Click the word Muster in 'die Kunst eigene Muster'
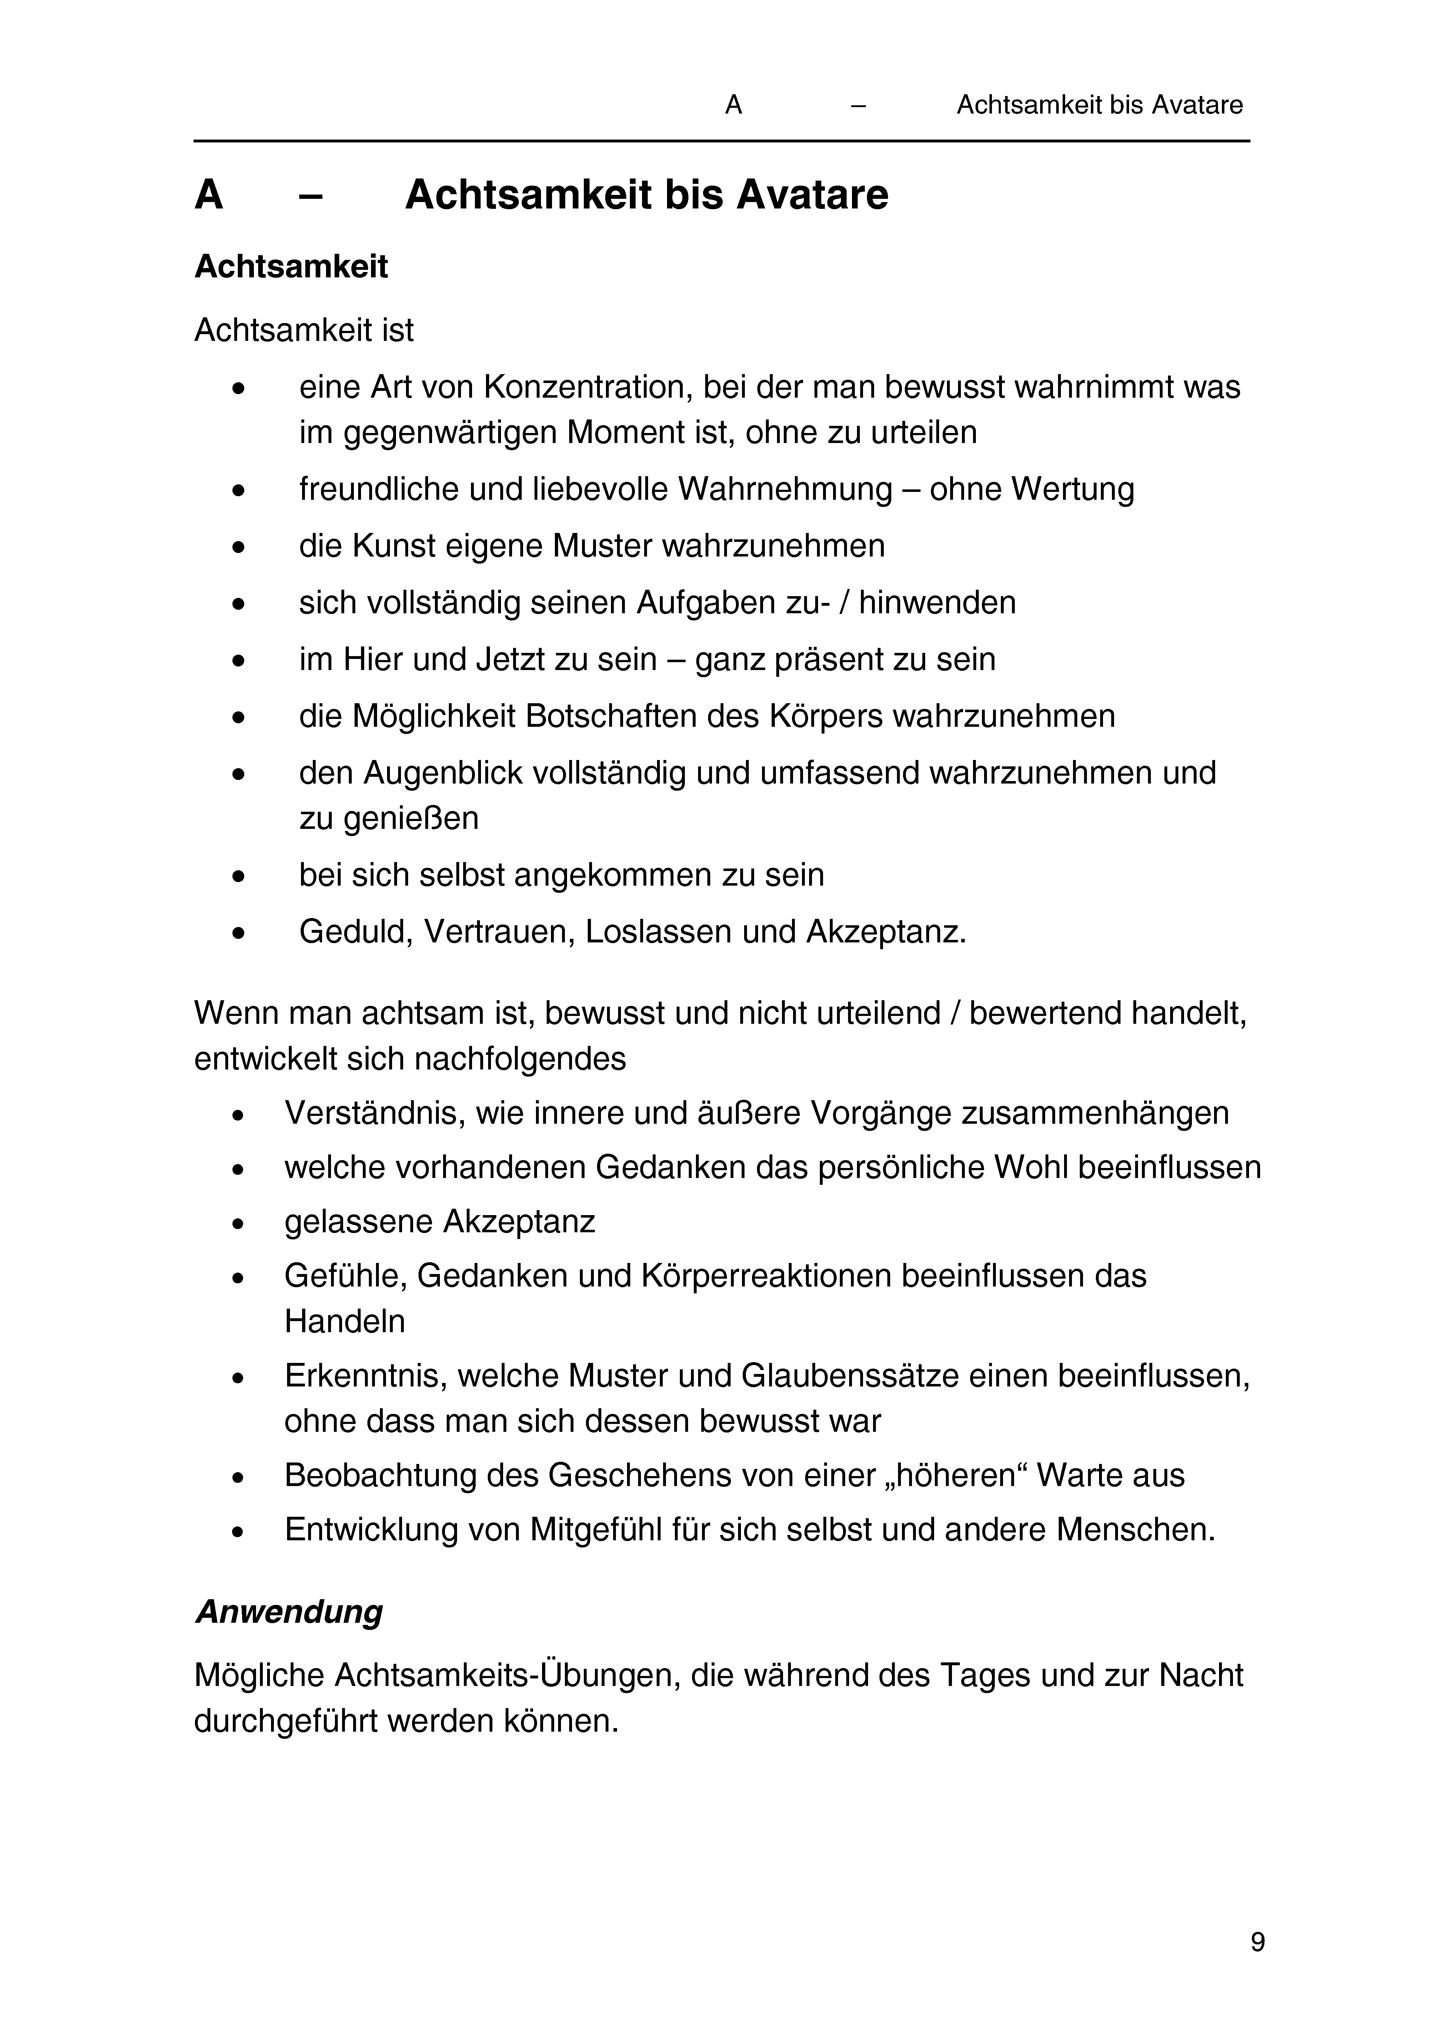[603, 547]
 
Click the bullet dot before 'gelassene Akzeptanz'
[237, 1223]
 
